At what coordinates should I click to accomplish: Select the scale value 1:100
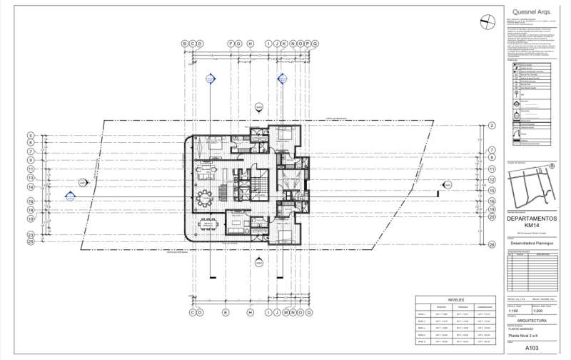tap(513, 311)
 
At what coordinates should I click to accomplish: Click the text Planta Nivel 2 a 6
tap(522, 335)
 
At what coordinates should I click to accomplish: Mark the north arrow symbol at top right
tap(487, 21)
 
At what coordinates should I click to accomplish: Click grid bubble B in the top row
tap(184, 44)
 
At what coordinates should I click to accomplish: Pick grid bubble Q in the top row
tap(315, 44)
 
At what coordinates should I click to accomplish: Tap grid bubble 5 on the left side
tap(31, 135)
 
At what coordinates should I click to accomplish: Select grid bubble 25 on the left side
tap(31, 242)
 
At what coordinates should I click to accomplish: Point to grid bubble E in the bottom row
tap(225, 313)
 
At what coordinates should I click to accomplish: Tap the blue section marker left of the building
tap(71, 195)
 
